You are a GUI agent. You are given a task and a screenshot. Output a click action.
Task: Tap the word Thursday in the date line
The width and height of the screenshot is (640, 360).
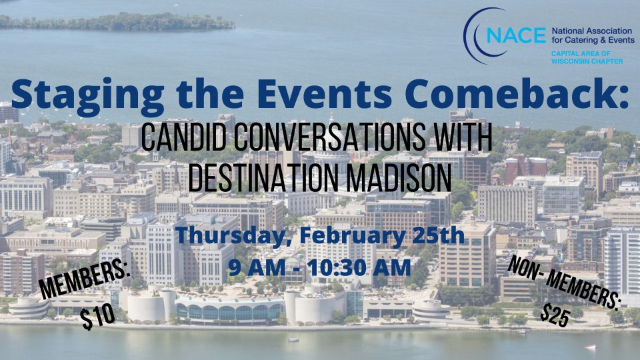pos(233,236)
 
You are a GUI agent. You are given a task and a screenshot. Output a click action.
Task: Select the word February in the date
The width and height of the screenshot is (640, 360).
pos(351,236)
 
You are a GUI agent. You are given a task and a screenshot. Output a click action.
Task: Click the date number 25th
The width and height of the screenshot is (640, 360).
pos(438,235)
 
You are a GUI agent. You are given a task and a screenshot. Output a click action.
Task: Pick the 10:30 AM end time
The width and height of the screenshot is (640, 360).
pos(359,268)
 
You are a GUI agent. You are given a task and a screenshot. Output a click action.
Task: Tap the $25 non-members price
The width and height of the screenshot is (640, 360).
pos(555,315)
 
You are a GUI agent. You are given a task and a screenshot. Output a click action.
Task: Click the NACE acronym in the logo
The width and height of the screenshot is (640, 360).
pos(516,35)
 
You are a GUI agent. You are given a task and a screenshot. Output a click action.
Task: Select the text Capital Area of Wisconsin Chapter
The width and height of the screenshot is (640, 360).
pos(587,57)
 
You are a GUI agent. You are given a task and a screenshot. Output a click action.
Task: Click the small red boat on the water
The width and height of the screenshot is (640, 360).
pos(589,347)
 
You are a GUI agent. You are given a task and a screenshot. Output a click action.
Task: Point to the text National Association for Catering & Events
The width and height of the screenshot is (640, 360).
pos(593,35)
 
